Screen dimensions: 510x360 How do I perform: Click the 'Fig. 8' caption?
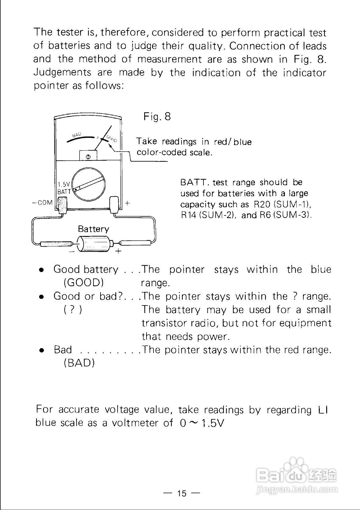[157, 117]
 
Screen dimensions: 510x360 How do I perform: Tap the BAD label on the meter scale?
[76, 134]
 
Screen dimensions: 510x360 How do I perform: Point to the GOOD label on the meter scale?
[112, 139]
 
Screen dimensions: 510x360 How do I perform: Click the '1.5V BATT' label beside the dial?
[64, 188]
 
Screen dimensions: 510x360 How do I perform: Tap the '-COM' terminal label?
[42, 202]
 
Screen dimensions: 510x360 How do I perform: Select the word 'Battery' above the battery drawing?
[93, 229]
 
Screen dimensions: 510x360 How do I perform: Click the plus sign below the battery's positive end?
[118, 251]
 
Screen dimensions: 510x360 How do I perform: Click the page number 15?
[182, 493]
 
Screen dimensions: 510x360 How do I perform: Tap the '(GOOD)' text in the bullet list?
[83, 283]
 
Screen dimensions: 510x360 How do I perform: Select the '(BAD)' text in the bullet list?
[79, 363]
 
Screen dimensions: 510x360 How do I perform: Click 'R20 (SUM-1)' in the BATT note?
[281, 204]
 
